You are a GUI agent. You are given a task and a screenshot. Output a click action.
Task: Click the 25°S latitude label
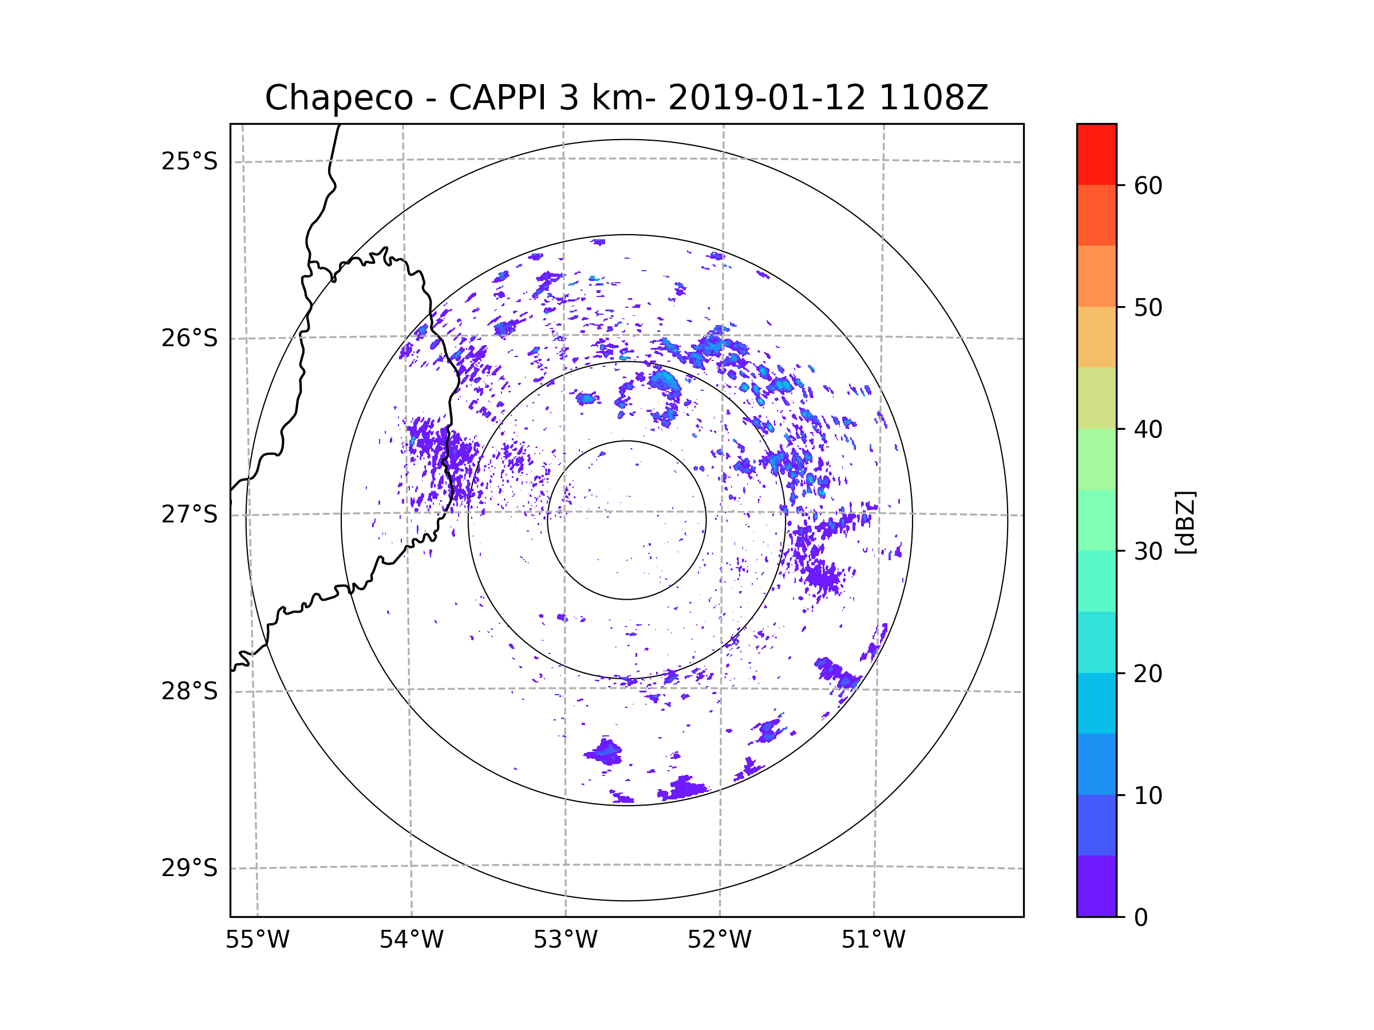[x=189, y=161]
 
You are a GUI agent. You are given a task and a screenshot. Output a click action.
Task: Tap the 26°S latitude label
[x=189, y=338]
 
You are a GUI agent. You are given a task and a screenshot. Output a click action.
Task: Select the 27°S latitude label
[x=189, y=514]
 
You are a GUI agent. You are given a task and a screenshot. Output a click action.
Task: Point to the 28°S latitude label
[x=189, y=691]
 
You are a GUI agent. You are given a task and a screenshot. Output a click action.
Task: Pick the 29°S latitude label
[x=189, y=868]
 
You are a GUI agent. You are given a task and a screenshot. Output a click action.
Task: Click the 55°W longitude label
[x=257, y=940]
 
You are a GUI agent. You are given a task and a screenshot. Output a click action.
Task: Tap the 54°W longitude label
[x=411, y=940]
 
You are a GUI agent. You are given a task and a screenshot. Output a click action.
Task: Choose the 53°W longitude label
[x=565, y=940]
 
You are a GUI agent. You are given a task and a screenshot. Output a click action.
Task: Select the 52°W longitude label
[x=719, y=940]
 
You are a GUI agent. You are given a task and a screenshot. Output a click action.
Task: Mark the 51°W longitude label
[x=873, y=940]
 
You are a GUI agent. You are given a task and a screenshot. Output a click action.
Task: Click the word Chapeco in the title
[x=338, y=98]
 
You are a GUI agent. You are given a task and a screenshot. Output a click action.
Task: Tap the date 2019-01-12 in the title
[x=767, y=98]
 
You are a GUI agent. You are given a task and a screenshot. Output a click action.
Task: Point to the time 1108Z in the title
[x=933, y=98]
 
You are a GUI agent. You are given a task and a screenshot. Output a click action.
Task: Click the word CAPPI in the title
[x=497, y=98]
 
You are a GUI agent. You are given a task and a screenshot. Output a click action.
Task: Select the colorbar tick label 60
[x=1148, y=185]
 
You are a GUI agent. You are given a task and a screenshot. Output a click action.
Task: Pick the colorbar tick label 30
[x=1148, y=551]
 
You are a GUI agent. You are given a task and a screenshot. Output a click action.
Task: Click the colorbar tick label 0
[x=1141, y=917]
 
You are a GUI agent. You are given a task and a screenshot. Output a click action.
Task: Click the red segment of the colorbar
[x=1096, y=154]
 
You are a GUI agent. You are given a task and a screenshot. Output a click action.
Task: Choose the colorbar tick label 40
[x=1148, y=430]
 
